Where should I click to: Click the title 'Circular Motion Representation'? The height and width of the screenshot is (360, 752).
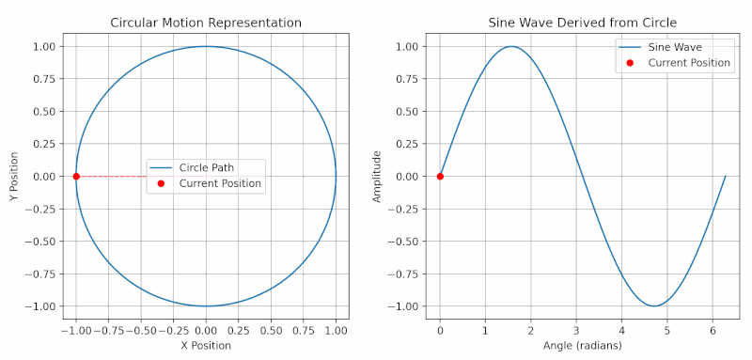[206, 23]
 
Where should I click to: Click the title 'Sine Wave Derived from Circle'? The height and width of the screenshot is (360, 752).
[583, 23]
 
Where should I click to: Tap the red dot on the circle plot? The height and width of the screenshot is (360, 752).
[76, 176]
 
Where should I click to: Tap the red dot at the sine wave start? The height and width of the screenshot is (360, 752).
[440, 176]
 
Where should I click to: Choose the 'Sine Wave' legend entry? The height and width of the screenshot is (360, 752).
[675, 46]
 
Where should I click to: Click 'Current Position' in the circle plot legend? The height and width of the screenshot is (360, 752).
[220, 183]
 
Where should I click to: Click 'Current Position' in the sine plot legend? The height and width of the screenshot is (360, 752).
[689, 62]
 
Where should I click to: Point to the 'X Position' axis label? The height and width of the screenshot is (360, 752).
[206, 346]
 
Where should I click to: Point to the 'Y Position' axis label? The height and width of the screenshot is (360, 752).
[12, 176]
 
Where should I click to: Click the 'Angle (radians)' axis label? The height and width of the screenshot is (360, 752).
[583, 346]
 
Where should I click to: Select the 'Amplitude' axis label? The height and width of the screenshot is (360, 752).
[378, 176]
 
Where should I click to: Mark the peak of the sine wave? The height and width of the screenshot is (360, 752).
[511, 46]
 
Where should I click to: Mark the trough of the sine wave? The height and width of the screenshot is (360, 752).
[654, 305]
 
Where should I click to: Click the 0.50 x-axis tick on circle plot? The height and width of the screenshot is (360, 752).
[271, 331]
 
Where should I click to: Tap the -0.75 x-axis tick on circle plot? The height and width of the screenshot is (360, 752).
[108, 331]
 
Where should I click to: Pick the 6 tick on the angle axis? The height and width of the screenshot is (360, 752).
[713, 331]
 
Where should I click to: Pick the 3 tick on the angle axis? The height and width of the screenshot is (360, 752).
[576, 331]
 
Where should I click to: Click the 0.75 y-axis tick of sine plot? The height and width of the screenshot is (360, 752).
[408, 79]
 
